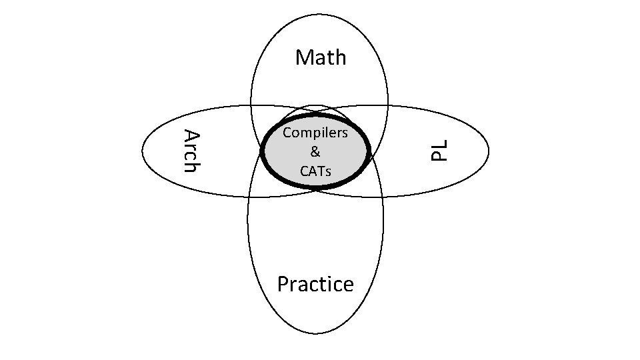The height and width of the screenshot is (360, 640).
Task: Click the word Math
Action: (x=321, y=57)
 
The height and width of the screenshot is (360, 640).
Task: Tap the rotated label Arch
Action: (x=191, y=150)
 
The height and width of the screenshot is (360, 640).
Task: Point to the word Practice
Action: (x=315, y=284)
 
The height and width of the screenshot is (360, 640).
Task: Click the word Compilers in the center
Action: (x=315, y=133)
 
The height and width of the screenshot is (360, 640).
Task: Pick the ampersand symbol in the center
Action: (x=315, y=151)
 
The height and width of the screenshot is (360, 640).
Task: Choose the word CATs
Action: (x=315, y=171)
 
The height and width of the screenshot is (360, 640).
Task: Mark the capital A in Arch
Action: (x=191, y=136)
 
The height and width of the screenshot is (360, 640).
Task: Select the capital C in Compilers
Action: (x=287, y=133)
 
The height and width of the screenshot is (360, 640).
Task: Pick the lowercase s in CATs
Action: (x=328, y=171)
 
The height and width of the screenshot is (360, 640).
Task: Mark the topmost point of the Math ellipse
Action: (x=319, y=14)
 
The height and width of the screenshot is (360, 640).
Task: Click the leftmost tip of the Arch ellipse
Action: (x=142, y=151)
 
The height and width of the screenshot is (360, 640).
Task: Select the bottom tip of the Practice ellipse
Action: (x=315, y=333)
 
